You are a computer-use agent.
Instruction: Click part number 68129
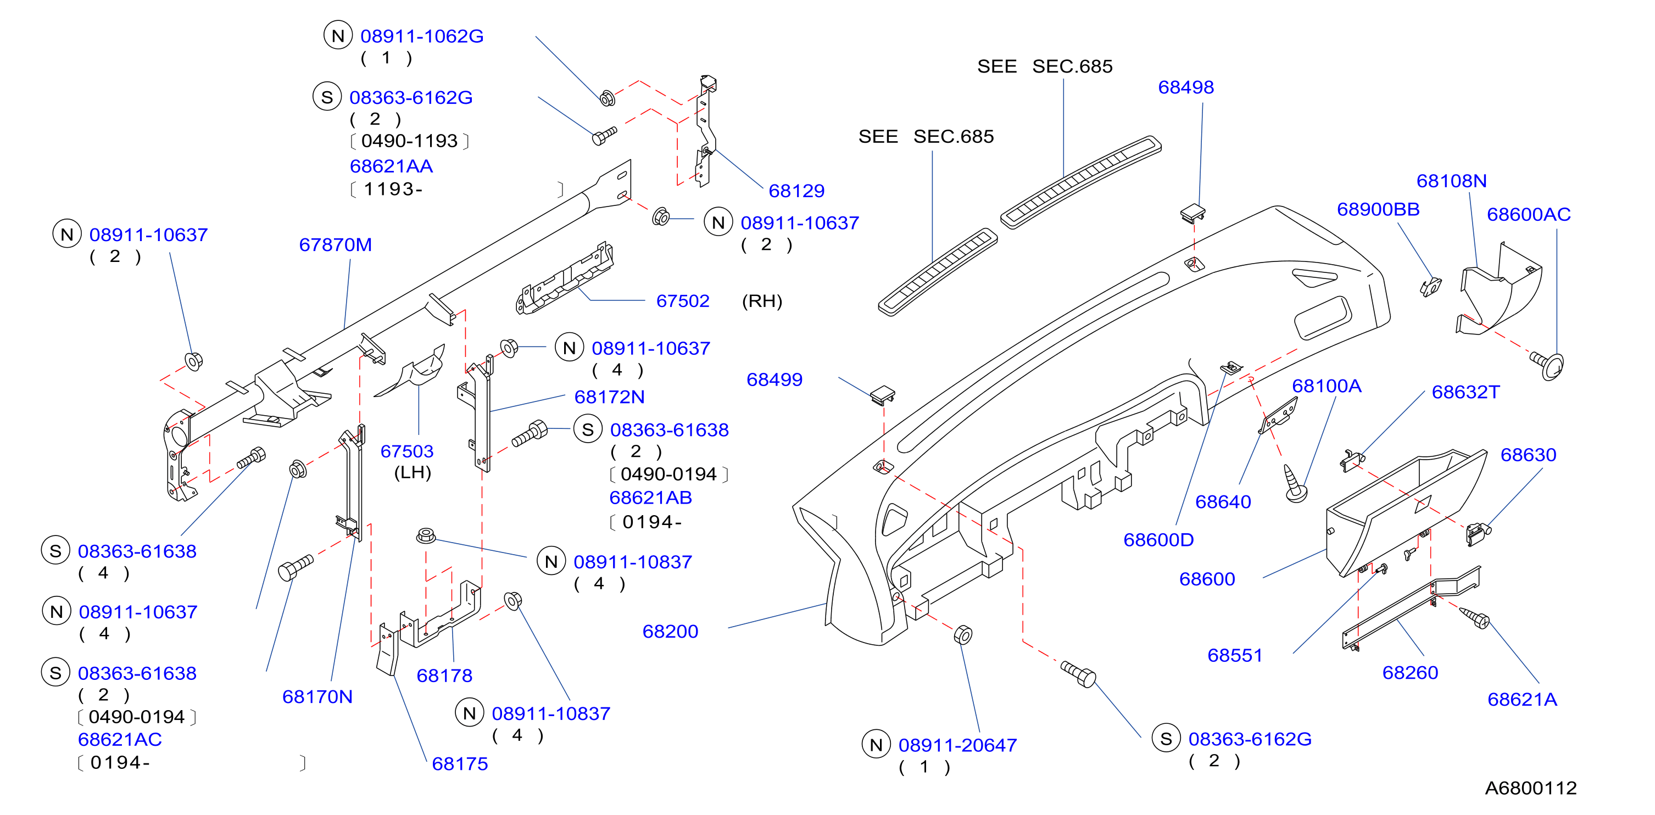click(796, 191)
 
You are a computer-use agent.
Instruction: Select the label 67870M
click(336, 245)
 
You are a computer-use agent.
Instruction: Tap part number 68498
click(1185, 87)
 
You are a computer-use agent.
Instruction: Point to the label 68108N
click(1451, 181)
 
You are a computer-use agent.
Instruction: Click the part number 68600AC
click(1529, 215)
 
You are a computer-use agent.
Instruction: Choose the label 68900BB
click(1378, 209)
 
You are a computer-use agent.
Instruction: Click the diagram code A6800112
click(1530, 788)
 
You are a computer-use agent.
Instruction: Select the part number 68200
click(670, 632)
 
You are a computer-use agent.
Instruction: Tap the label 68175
click(459, 763)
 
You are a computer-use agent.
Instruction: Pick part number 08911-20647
click(957, 745)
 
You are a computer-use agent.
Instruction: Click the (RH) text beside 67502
click(762, 301)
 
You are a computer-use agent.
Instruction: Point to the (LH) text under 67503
click(413, 473)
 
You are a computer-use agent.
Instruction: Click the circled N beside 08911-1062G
click(338, 35)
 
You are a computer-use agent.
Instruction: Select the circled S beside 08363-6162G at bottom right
click(1166, 739)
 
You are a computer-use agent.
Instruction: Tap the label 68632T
click(1465, 392)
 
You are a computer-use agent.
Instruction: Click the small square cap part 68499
click(883, 394)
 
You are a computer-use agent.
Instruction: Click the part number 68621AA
click(391, 166)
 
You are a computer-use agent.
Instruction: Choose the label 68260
click(1410, 672)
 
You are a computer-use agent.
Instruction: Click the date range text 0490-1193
click(409, 141)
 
